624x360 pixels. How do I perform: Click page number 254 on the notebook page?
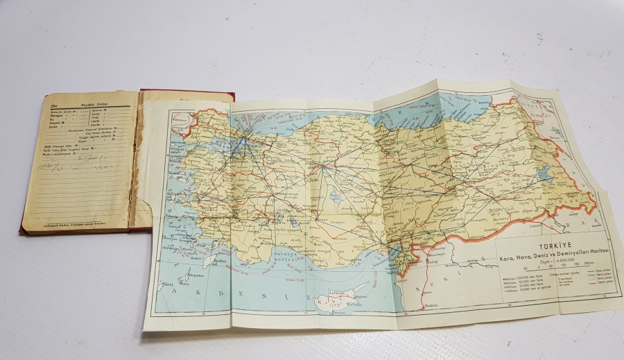pos(53,102)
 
